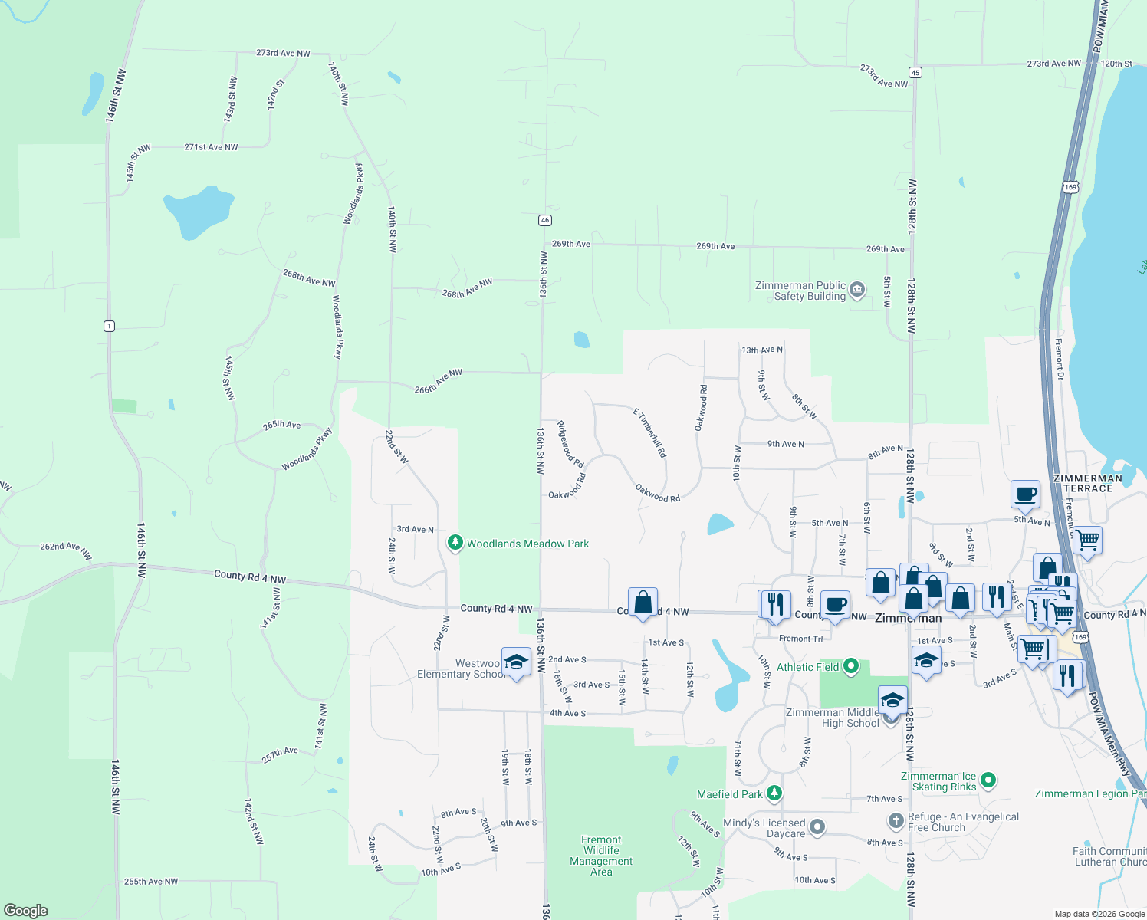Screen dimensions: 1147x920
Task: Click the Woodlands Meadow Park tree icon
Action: pos(455,544)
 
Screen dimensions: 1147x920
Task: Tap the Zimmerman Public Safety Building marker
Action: pos(857,290)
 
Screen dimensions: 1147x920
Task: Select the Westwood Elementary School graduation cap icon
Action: pos(516,662)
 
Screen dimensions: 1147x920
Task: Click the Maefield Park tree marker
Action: pos(774,793)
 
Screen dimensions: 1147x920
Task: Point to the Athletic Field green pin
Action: pos(850,667)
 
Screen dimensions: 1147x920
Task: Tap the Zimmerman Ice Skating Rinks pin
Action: pos(988,780)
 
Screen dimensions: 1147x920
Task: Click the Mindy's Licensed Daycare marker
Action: pos(817,827)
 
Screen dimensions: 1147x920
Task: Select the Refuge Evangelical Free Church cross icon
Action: pos(896,821)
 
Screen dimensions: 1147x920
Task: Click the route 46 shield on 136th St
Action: pos(545,220)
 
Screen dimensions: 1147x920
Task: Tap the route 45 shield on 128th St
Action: pos(915,72)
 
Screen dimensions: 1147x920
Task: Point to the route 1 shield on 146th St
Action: pos(110,326)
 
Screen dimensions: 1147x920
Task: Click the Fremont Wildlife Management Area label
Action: pos(601,856)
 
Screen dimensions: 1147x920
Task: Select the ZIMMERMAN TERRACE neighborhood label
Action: pos(1087,483)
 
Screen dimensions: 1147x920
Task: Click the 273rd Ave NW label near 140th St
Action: pos(283,54)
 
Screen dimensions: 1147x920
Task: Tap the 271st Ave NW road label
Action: pos(211,147)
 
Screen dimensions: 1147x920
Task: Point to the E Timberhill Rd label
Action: pos(649,433)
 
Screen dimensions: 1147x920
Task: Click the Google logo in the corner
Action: pos(26,911)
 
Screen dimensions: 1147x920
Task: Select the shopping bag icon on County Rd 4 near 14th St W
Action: pos(643,602)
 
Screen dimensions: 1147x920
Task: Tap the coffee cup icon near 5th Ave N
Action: pos(1025,495)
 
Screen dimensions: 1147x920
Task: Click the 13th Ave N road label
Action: pos(762,350)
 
